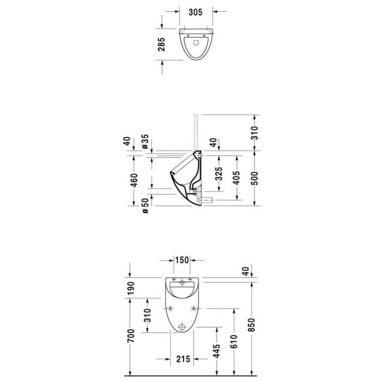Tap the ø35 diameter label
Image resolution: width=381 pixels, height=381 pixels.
point(145,142)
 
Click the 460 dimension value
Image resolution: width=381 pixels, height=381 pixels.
point(134,180)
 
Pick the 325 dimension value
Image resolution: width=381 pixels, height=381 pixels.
point(219,174)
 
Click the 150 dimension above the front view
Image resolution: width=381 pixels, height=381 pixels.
point(182,260)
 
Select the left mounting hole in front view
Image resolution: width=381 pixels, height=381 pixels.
point(171,309)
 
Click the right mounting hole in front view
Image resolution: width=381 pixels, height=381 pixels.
point(193,309)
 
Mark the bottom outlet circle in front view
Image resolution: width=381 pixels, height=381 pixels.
point(182,327)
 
